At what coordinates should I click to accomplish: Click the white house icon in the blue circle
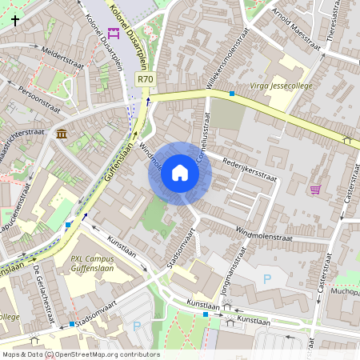point(179,172)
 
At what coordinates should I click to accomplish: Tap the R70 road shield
point(145,79)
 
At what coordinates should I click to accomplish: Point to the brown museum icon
point(62,133)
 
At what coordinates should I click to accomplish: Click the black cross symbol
point(15,21)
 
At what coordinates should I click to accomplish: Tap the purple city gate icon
point(113,33)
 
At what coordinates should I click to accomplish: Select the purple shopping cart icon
point(315,190)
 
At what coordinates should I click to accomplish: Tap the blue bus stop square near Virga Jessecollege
point(232,94)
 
